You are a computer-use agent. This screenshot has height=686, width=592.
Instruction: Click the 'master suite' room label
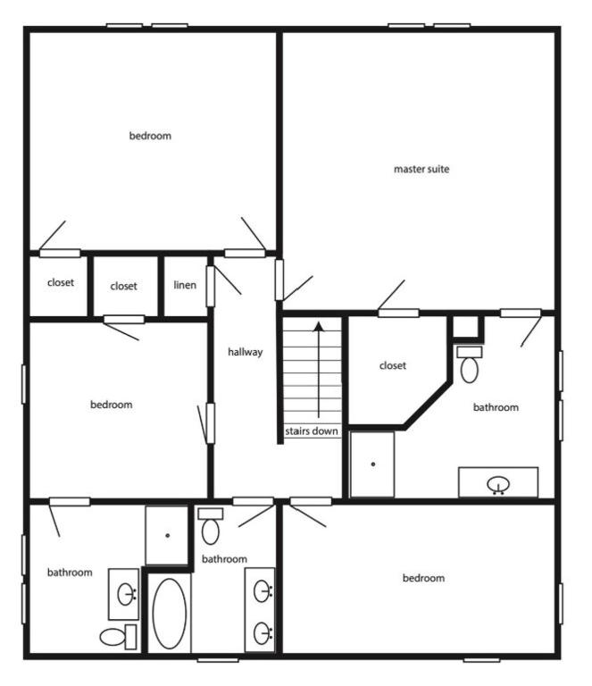point(421,169)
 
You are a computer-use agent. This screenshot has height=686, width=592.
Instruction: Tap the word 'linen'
point(185,286)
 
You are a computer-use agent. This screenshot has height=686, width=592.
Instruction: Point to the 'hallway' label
point(245,352)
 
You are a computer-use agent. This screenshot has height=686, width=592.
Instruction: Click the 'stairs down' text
point(312,431)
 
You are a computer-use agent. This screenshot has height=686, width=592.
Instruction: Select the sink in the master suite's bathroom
point(498,484)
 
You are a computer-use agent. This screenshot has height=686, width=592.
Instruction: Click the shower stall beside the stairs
point(372,464)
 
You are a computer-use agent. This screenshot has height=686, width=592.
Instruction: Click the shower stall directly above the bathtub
point(167,535)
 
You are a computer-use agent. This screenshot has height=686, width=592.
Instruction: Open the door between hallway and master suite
point(279,280)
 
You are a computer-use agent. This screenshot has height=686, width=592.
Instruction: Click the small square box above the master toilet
point(466,327)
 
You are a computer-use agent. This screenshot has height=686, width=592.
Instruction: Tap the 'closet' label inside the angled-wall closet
point(393,365)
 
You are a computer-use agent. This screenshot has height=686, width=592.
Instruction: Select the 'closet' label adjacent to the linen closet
point(124,286)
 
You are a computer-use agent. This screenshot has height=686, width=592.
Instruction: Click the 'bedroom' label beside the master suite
point(150,136)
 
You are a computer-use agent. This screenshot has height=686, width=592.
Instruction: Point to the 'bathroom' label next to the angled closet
point(496,407)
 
